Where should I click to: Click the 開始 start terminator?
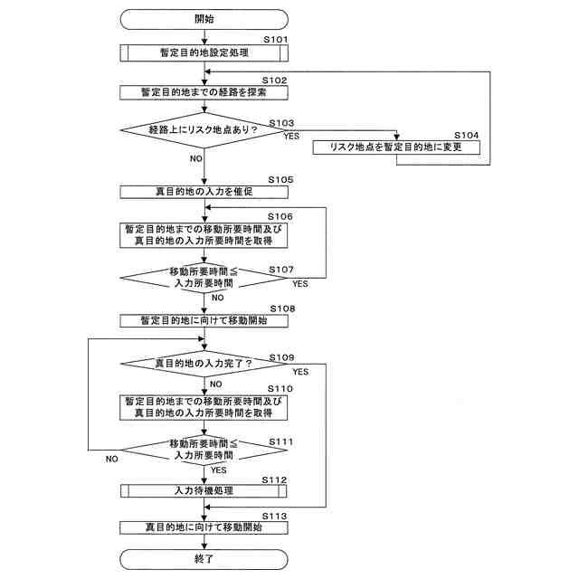204,18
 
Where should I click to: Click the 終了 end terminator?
204,559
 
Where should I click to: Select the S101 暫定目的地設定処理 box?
204,52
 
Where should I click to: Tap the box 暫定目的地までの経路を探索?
204,92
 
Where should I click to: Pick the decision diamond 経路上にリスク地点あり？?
204,131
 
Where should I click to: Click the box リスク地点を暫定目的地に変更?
396,147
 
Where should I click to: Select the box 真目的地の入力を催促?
204,192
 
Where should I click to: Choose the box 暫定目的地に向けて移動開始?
204,320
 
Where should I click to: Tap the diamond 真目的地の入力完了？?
204,364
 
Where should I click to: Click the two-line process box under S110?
204,406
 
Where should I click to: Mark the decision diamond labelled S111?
204,450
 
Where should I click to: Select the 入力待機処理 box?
204,491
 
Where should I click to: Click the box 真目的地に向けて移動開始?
204,527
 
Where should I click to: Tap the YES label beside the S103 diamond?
291,136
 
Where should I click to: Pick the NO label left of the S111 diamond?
111,459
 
